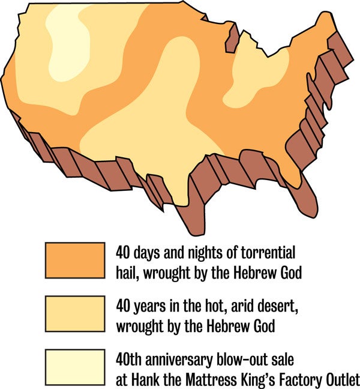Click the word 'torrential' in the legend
coord(269,251)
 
